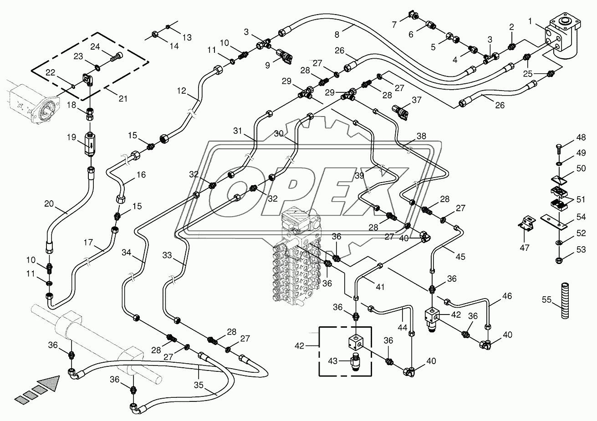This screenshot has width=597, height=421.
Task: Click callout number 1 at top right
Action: click(x=530, y=21)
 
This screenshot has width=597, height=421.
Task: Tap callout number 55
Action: click(x=547, y=299)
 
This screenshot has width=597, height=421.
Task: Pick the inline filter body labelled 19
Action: click(x=90, y=143)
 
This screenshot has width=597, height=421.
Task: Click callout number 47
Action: click(x=525, y=248)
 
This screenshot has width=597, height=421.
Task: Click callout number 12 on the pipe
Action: click(x=182, y=91)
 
